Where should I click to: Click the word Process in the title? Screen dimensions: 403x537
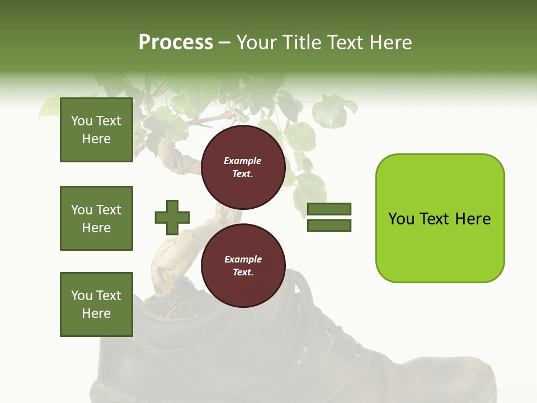176,43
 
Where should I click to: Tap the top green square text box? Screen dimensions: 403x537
96,130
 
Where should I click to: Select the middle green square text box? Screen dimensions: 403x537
96,218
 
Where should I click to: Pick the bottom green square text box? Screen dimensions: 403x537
96,304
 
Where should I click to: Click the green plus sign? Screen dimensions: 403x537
172,217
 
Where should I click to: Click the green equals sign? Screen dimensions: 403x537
329,217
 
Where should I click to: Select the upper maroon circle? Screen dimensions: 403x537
243,167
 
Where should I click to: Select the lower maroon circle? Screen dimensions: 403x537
243,266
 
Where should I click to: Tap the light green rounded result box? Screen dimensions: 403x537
440,218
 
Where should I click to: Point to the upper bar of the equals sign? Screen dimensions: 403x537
329,209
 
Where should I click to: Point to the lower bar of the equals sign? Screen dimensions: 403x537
329,226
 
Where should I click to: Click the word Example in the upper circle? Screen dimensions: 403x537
243,161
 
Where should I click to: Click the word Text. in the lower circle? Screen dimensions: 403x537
243,273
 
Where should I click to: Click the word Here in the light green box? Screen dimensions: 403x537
473,219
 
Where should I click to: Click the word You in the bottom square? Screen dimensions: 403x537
82,296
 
